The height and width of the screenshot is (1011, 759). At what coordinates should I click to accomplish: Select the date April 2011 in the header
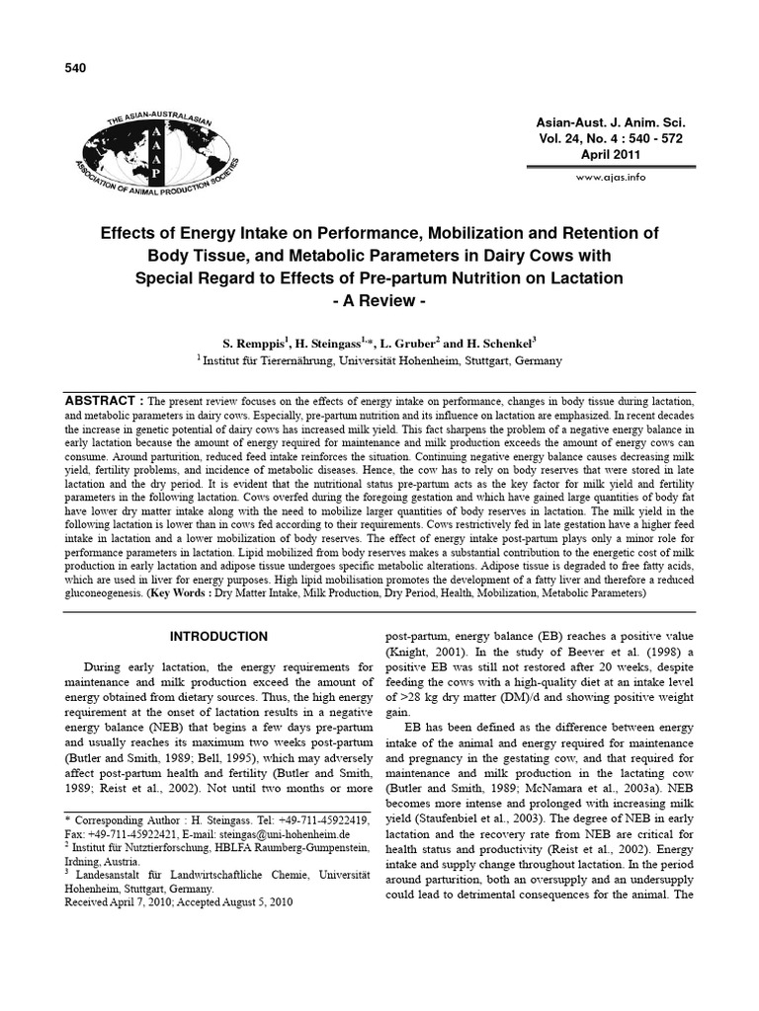pos(610,155)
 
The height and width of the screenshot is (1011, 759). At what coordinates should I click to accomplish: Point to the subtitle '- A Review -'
pos(380,300)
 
